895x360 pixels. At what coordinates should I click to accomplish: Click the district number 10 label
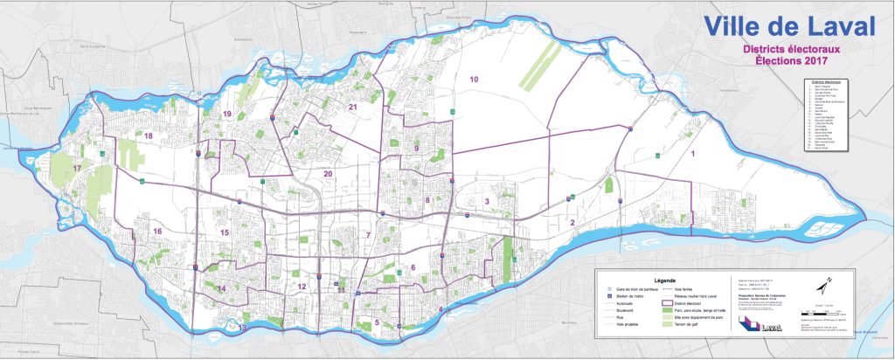pos(474,80)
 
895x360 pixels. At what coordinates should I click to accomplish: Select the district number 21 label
pos(353,107)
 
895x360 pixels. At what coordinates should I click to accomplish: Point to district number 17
pos(77,169)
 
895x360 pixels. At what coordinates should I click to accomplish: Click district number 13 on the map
pos(242,328)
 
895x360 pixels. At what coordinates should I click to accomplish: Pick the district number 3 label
pos(487,202)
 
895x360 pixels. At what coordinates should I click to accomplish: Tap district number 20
pos(329,174)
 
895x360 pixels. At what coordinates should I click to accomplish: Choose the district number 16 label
pos(157,232)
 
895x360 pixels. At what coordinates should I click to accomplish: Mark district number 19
pos(226,114)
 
